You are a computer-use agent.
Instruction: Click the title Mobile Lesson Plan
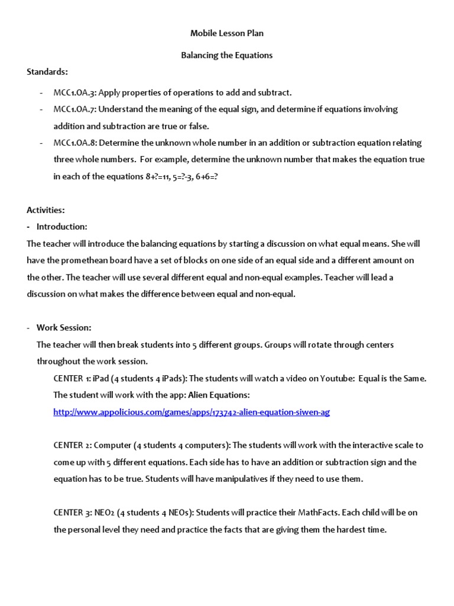pyautogui.click(x=226, y=33)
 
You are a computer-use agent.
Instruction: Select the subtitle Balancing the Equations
pyautogui.click(x=226, y=55)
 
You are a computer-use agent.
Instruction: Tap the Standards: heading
pyautogui.click(x=47, y=72)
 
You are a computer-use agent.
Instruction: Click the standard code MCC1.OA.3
pyautogui.click(x=75, y=92)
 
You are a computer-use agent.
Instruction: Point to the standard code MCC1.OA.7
pyautogui.click(x=75, y=109)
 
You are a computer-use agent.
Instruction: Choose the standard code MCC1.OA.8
pyautogui.click(x=75, y=143)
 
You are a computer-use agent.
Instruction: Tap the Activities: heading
pyautogui.click(x=46, y=209)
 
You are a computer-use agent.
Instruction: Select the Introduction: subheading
pyautogui.click(x=61, y=226)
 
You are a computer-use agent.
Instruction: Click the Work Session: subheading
pyautogui.click(x=64, y=327)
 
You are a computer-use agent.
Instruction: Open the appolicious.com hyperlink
pyautogui.click(x=191, y=412)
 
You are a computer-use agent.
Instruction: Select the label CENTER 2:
pyautogui.click(x=72, y=445)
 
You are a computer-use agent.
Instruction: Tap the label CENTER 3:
pyautogui.click(x=72, y=512)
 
